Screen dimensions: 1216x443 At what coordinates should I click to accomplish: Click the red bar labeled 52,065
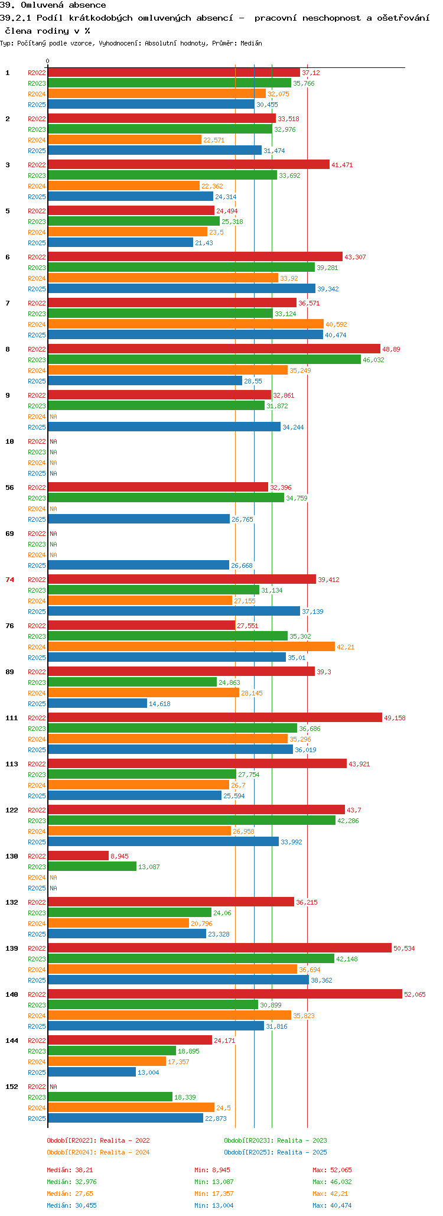[x=224, y=994]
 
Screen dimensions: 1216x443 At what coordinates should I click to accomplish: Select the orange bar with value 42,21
[x=191, y=646]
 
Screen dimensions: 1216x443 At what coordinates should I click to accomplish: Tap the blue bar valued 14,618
[x=97, y=703]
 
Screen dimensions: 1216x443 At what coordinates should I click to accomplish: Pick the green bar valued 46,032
[x=204, y=359]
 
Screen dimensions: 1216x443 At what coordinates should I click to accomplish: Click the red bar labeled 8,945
[x=78, y=856]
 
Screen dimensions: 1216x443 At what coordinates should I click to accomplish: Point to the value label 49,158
[x=395, y=718]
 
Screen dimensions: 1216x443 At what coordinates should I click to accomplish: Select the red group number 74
[x=9, y=580]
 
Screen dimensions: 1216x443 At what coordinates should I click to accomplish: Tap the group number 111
[x=11, y=718]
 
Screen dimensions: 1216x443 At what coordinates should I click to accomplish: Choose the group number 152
[x=11, y=1087]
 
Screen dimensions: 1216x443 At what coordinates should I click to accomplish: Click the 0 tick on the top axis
[x=48, y=61]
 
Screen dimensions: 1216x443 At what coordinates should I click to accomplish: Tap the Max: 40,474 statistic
[x=332, y=1205]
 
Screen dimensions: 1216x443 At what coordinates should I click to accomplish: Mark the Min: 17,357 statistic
[x=214, y=1194]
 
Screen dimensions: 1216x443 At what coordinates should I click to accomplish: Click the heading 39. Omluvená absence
[x=53, y=5]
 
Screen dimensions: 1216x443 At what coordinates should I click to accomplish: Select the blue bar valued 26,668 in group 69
[x=138, y=565]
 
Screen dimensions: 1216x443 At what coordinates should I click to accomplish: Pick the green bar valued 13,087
[x=92, y=866]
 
